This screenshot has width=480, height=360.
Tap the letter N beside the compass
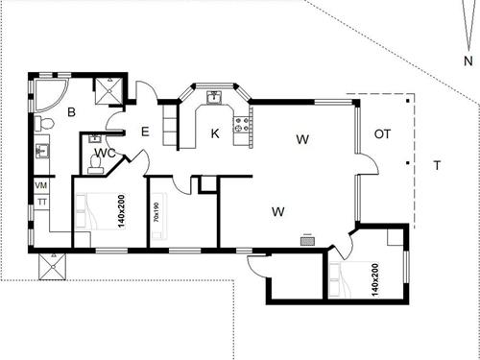[468, 60]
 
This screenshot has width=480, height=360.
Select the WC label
[107, 154]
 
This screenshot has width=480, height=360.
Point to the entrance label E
[146, 132]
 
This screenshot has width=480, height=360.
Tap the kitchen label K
[215, 134]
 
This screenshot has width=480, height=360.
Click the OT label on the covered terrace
[382, 133]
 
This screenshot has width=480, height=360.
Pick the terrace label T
[436, 165]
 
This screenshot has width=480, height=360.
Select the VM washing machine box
[41, 185]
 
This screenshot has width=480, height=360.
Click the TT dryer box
[41, 203]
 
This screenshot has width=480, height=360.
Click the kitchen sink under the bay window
[215, 97]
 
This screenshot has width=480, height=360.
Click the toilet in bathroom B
[44, 124]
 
